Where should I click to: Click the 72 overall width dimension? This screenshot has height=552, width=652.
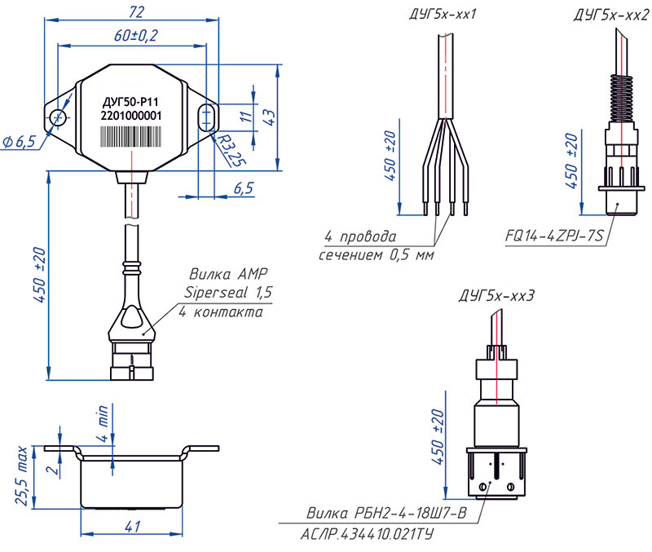[136, 11]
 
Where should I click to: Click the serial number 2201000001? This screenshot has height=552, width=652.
[131, 117]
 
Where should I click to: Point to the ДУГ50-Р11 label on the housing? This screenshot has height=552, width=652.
[131, 102]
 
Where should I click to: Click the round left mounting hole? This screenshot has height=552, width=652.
[59, 119]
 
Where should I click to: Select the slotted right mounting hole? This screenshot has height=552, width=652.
[207, 117]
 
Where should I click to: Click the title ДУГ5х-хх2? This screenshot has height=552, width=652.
[606, 14]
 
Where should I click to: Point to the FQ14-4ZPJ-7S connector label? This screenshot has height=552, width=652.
[553, 237]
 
